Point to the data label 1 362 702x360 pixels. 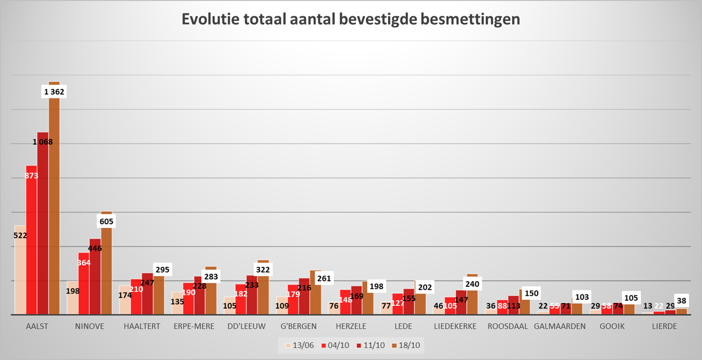(x=54, y=92)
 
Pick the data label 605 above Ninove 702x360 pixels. (x=106, y=221)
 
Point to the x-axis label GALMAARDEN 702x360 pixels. (x=560, y=326)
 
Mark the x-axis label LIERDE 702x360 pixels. (x=665, y=326)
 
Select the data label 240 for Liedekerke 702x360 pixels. (x=473, y=284)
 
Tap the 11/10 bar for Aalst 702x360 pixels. (x=43, y=225)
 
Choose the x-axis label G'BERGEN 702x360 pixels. (x=299, y=326)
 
